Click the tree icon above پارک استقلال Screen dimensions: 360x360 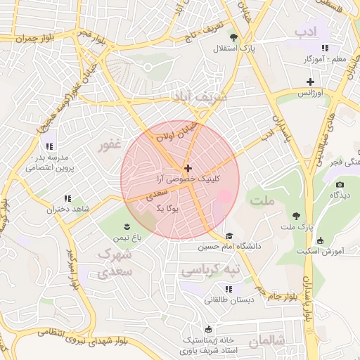click(233, 37)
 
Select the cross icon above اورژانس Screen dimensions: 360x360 click(310, 82)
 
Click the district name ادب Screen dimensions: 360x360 click(307, 31)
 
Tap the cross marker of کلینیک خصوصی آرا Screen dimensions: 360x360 click(188, 168)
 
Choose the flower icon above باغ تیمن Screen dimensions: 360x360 click(127, 226)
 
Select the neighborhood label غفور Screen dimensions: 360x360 click(110, 144)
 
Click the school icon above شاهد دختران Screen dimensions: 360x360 click(67, 199)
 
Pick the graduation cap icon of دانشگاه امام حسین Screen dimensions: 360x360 click(229, 236)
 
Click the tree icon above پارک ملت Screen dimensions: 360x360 click(296, 215)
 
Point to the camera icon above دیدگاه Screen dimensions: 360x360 click(340, 184)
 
